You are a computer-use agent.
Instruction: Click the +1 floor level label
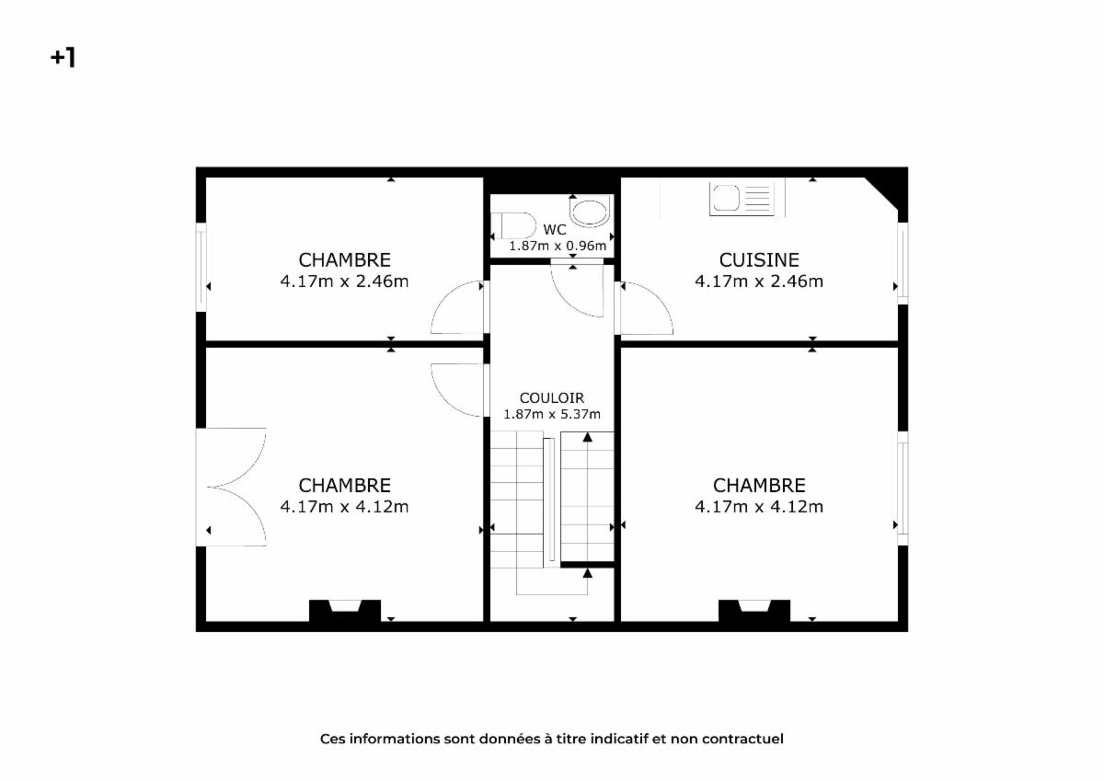(x=63, y=58)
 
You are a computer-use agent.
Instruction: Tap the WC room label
(x=555, y=230)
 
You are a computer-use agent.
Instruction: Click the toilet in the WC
(x=513, y=226)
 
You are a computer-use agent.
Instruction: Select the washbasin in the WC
(x=589, y=211)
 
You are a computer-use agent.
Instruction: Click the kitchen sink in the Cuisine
(x=742, y=199)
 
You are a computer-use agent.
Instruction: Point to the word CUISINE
(x=759, y=260)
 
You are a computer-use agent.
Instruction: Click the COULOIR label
(x=551, y=397)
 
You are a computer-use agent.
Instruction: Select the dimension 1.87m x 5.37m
(x=551, y=414)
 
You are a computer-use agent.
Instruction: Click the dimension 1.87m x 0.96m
(x=558, y=246)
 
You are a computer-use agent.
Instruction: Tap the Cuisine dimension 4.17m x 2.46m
(x=759, y=281)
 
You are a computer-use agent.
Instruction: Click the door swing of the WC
(x=578, y=290)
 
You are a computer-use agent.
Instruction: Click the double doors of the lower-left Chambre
(x=232, y=487)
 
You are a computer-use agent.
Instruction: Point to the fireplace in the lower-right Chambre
(x=754, y=611)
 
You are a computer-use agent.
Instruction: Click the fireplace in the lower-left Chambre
(x=344, y=611)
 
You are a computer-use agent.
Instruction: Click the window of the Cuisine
(x=903, y=264)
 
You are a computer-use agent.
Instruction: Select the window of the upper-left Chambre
(x=201, y=268)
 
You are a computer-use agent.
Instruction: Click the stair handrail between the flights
(x=548, y=500)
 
